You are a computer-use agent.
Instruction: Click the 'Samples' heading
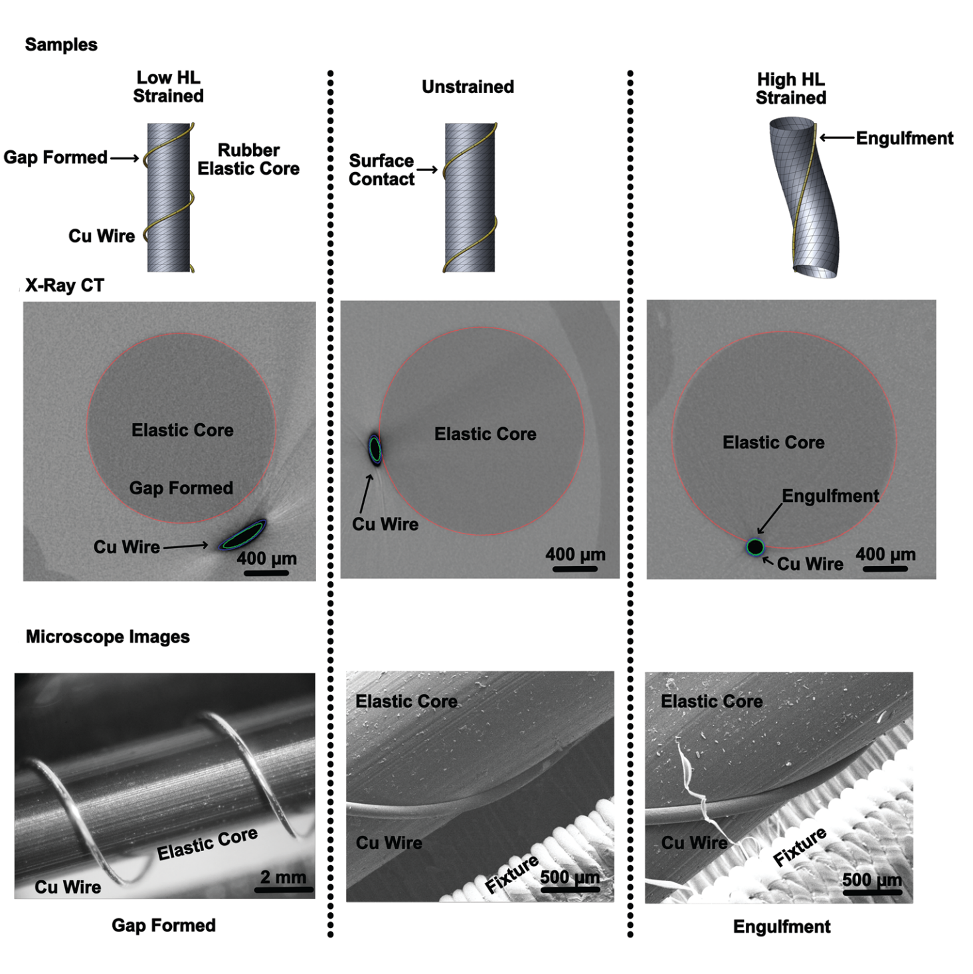[61, 45]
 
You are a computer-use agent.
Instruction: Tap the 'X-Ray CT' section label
[64, 286]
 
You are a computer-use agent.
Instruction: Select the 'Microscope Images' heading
[108, 636]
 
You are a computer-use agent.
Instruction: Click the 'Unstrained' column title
[468, 87]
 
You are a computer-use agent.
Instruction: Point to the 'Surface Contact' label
[381, 170]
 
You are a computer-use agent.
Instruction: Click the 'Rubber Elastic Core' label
[248, 159]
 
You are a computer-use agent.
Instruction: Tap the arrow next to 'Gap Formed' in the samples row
[125, 158]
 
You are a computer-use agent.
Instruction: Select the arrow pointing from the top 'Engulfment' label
[837, 138]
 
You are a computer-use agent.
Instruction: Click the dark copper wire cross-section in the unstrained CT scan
[375, 449]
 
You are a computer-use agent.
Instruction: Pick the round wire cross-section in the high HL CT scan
[754, 547]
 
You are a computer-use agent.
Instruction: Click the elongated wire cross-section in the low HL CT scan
[242, 535]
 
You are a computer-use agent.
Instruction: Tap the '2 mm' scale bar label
[284, 877]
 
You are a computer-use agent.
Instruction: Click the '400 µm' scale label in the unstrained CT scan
[575, 555]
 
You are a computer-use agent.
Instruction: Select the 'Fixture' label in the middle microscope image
[511, 874]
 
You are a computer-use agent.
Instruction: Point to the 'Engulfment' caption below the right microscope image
[782, 927]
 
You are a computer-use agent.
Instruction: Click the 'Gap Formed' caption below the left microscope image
[163, 925]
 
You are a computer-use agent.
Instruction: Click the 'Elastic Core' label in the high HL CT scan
[774, 442]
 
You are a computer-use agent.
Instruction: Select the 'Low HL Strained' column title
[168, 87]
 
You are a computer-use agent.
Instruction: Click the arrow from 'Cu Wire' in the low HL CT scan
[186, 546]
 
